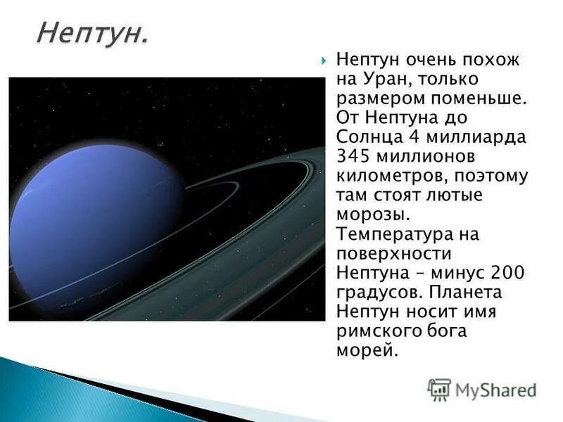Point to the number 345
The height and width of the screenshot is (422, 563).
click(354, 156)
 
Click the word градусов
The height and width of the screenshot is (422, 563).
click(378, 291)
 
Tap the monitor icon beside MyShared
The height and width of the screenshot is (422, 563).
click(439, 389)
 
